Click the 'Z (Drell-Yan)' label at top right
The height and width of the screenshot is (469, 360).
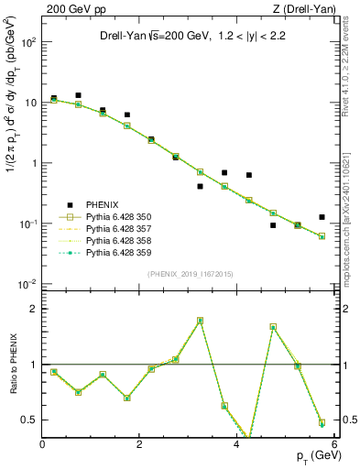[304, 8]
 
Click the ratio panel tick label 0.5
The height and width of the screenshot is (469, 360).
[30, 420]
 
